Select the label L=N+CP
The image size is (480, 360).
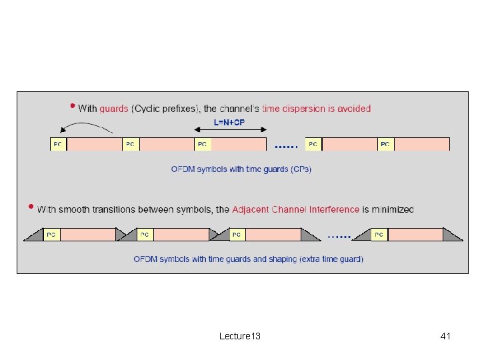tap(229, 122)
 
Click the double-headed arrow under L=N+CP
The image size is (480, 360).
tap(229, 131)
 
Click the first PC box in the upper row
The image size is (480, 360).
tap(59, 144)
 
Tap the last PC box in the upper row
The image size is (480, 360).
tap(385, 144)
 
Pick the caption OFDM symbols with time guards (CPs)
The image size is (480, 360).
tap(241, 169)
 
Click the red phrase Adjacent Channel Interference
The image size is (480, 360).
tap(295, 209)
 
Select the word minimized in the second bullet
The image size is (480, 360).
tap(388, 209)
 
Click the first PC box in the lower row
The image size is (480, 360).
tap(51, 235)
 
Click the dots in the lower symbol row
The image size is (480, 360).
tap(339, 236)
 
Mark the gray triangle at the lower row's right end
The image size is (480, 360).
tap(453, 236)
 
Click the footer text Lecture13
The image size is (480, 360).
tap(240, 336)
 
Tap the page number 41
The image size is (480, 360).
tap(445, 336)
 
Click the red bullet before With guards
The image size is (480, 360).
tap(72, 105)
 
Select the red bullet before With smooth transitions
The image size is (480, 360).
tap(30, 206)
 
